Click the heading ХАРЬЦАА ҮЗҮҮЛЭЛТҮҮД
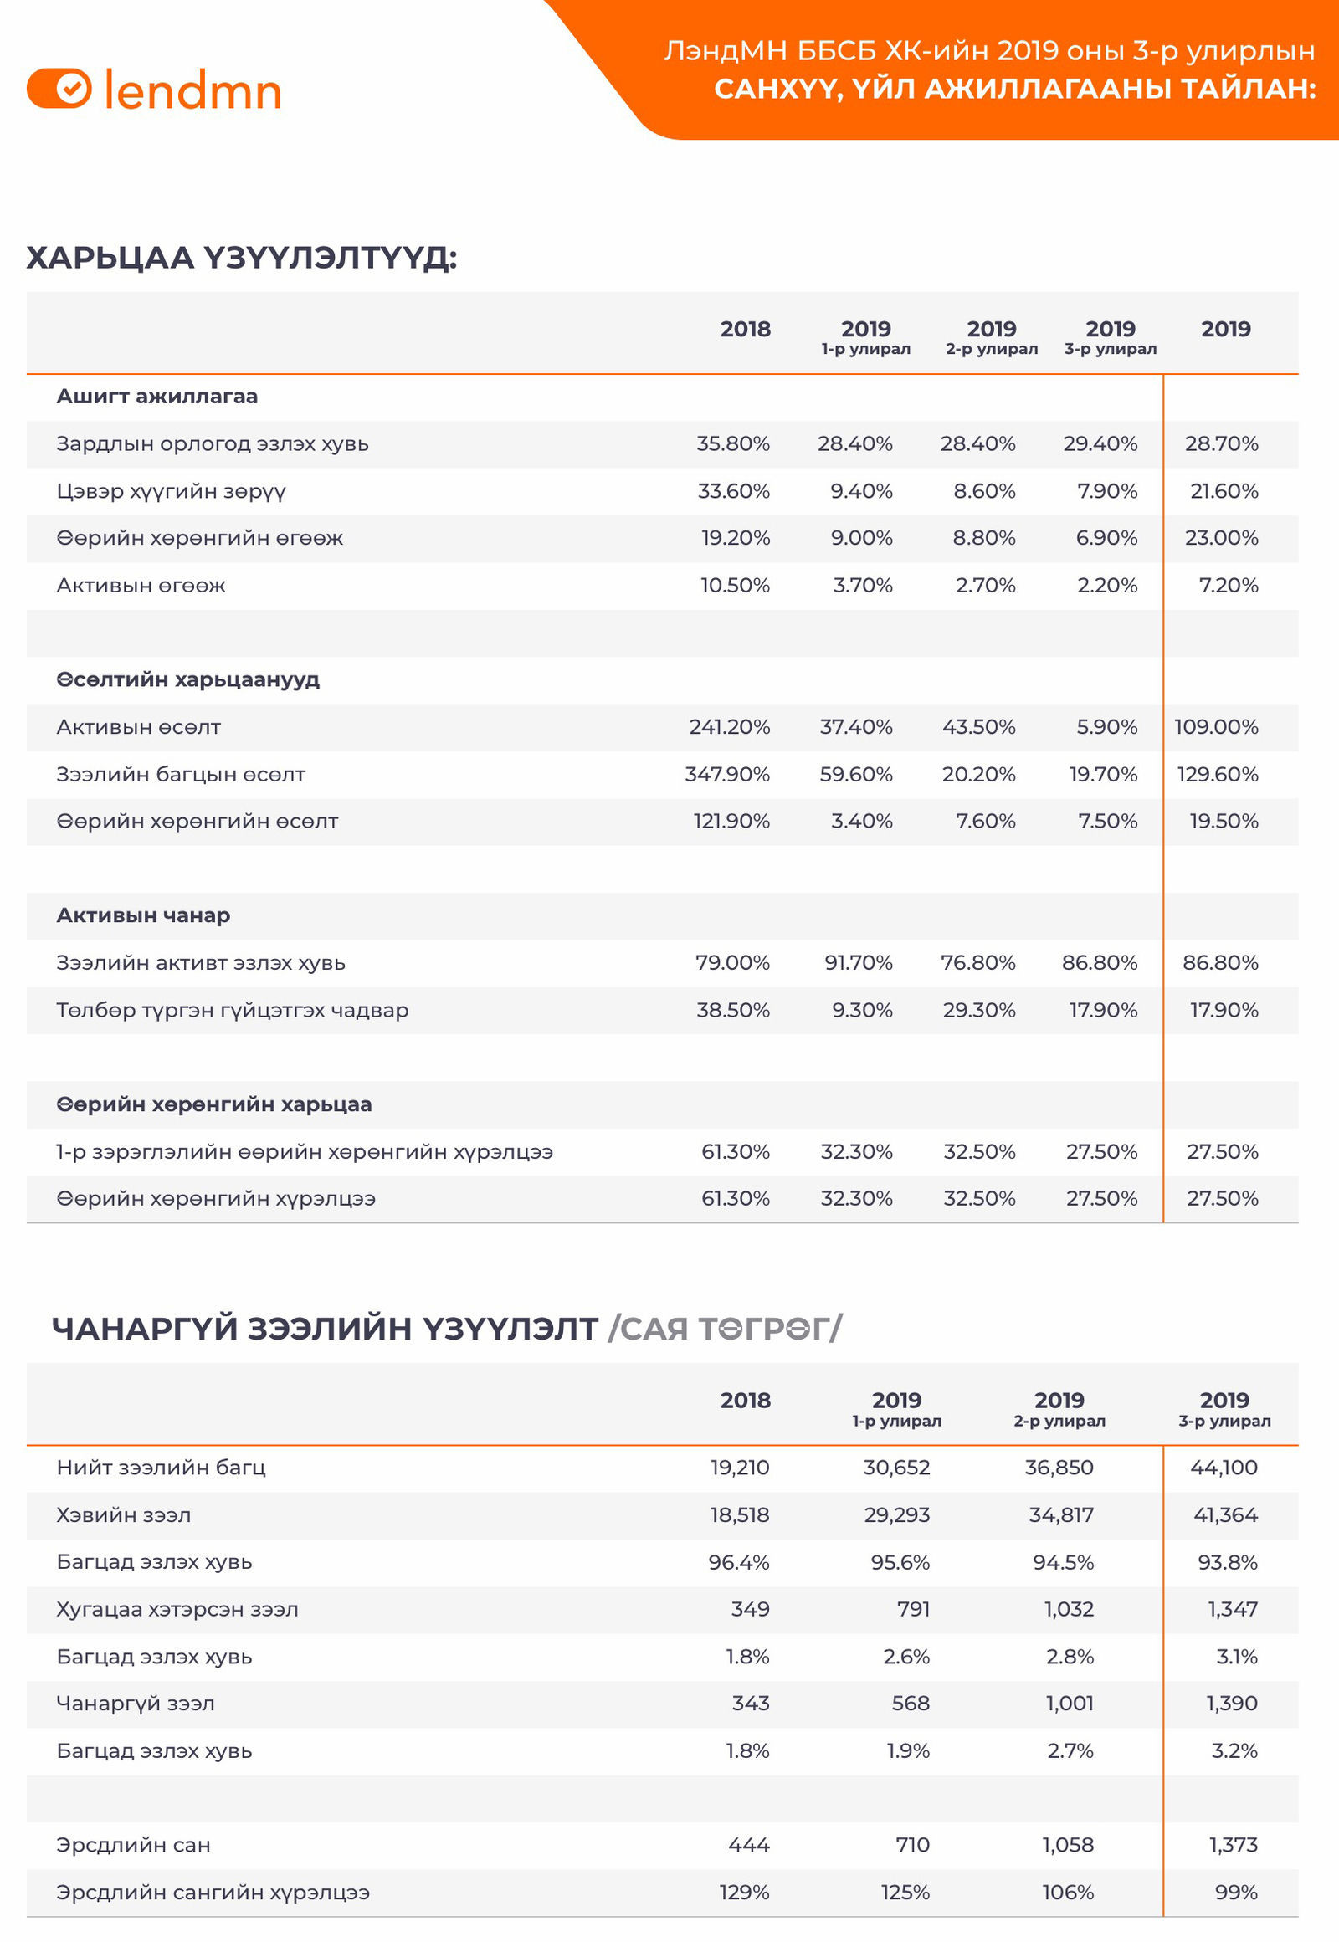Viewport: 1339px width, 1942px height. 242,258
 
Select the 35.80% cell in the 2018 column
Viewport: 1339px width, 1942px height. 732,443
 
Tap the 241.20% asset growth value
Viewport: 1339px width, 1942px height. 729,726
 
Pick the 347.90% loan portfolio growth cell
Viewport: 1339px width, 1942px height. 726,774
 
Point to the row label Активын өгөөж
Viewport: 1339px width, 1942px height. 141,586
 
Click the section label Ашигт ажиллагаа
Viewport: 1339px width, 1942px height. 156,397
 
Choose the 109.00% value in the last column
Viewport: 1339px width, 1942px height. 1216,726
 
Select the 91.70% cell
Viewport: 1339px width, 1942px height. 859,963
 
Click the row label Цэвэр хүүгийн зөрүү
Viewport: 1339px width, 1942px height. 172,491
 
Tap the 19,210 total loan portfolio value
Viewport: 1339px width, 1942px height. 739,1468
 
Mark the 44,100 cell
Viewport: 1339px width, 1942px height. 1224,1468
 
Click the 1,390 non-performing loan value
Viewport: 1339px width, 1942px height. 1232,1703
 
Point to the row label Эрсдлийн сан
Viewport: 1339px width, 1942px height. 133,1845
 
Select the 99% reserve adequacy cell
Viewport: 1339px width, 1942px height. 1236,1892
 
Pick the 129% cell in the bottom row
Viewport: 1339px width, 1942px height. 744,1892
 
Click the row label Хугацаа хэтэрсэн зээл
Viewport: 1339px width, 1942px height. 177,1609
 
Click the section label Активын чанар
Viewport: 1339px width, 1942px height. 143,915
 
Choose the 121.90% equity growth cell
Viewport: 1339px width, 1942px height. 731,822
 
